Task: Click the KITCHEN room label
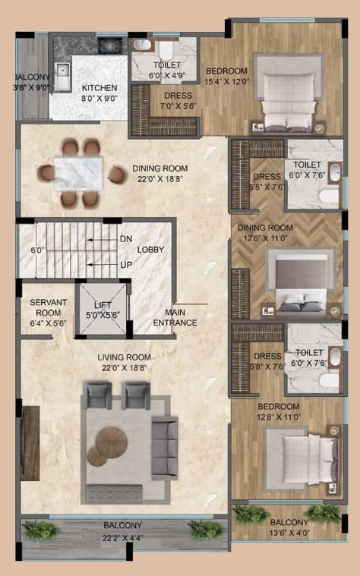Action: (x=99, y=88)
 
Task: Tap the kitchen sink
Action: (x=62, y=77)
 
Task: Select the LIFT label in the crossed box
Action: (x=103, y=305)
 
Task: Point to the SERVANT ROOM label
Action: (x=48, y=307)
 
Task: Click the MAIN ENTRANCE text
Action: (x=175, y=317)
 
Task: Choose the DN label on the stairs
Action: (x=126, y=239)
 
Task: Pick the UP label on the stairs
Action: (x=126, y=265)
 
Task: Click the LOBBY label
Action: (x=150, y=250)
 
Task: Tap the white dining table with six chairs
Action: (x=78, y=174)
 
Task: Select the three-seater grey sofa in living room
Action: (x=165, y=448)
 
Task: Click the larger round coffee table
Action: (x=112, y=442)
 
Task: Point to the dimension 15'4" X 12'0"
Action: (x=226, y=81)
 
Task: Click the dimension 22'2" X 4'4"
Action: (x=123, y=538)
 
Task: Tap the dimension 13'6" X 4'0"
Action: (x=289, y=533)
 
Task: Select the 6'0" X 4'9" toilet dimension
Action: (x=167, y=76)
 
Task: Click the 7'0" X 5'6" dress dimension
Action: (x=178, y=106)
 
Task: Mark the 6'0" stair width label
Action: (x=37, y=250)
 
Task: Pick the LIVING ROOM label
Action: (x=125, y=357)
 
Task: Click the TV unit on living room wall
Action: (x=30, y=443)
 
